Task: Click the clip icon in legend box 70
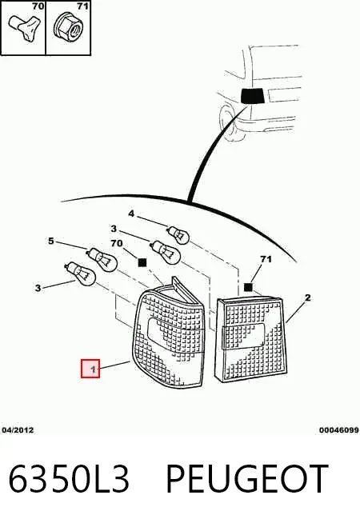point(25,27)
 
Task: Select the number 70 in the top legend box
point(38,6)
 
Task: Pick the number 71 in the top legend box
point(82,6)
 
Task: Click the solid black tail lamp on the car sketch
point(253,96)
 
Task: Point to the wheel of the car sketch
point(227,122)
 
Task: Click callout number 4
point(131,214)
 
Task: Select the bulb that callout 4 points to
point(178,234)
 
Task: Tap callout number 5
point(50,241)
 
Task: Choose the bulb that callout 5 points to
point(102,259)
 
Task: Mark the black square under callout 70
point(142,263)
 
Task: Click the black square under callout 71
point(248,287)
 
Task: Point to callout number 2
point(308,297)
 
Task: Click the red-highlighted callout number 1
point(90,369)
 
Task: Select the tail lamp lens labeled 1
point(169,337)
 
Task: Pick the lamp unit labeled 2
point(250,339)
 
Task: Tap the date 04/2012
point(18,430)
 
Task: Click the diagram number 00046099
point(338,430)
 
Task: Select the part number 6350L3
point(69,479)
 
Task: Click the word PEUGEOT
point(247,479)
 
